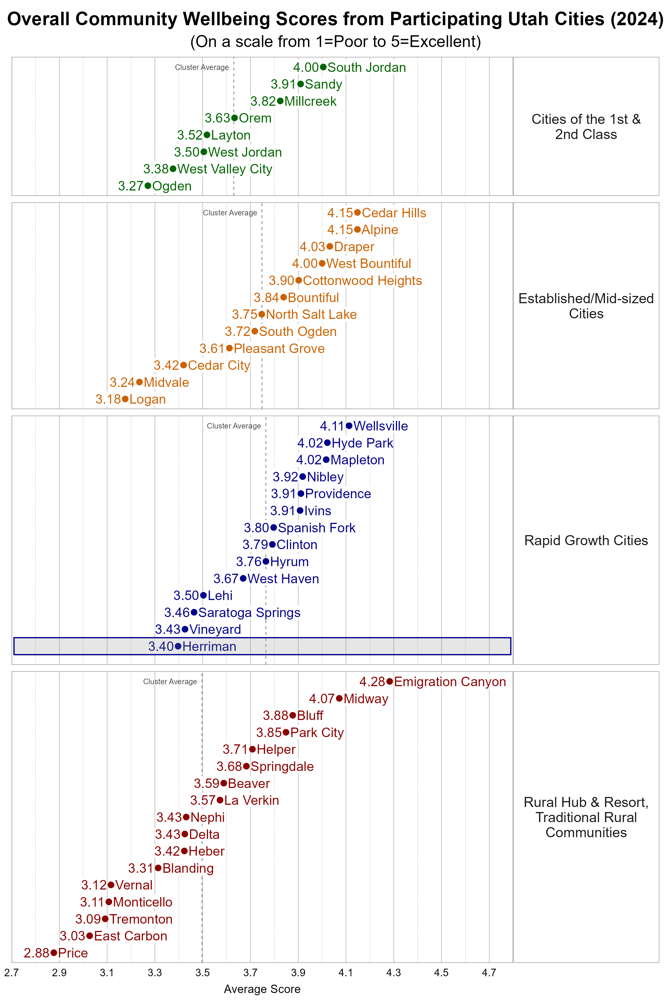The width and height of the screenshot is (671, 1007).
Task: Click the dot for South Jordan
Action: [323, 67]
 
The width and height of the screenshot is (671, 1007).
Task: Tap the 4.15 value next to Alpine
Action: [340, 230]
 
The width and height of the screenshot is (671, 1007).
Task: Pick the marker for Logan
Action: [125, 399]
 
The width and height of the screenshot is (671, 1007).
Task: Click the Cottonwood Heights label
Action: [362, 281]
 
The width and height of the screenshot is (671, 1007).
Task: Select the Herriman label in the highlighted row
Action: [209, 646]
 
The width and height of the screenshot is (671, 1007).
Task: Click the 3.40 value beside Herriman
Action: [161, 646]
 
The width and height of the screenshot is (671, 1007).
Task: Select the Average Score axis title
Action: [262, 989]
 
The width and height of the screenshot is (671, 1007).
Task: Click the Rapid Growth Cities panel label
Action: [586, 540]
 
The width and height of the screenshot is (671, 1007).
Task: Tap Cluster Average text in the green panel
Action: [202, 68]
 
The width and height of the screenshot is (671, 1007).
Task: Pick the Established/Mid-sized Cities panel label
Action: [586, 306]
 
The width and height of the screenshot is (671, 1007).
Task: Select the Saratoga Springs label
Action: [249, 613]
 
